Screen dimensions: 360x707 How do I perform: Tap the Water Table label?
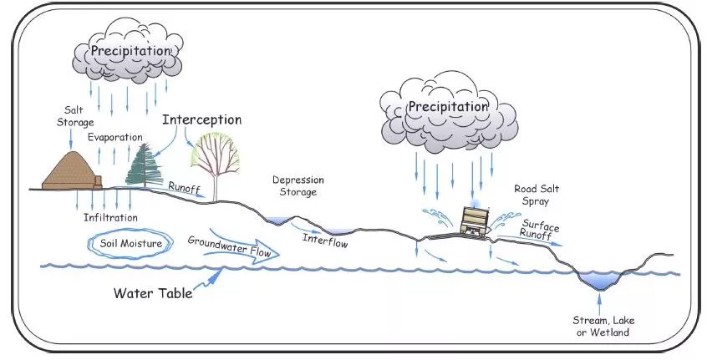[x=153, y=294]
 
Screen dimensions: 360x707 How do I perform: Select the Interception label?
[x=201, y=119]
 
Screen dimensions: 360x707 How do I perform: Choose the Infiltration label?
[x=110, y=217]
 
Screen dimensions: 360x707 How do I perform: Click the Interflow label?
[x=324, y=243]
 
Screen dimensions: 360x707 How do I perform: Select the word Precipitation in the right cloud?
[x=447, y=107]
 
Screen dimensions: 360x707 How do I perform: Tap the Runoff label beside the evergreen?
[x=184, y=186]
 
